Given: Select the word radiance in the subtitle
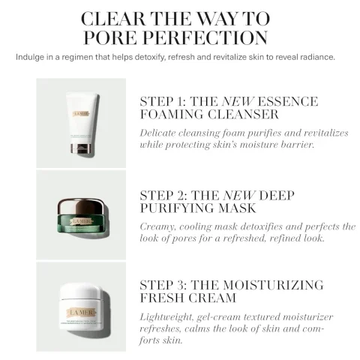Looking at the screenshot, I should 323,57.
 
